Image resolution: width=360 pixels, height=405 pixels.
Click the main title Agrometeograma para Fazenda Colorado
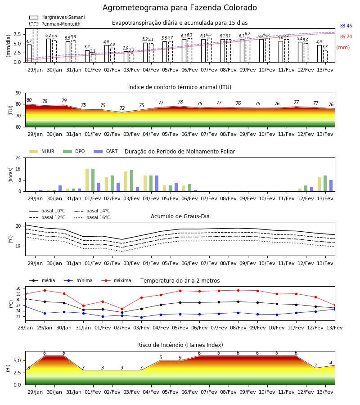[x=180, y=8]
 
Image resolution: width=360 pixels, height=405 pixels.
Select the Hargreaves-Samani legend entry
[x=57, y=17]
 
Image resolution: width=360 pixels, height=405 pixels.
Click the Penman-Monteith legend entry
[x=55, y=24]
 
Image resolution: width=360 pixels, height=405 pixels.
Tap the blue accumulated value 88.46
[x=346, y=26]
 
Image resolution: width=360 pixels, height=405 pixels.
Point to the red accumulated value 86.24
[x=346, y=37]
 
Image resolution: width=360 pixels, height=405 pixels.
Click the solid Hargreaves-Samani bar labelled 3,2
[x=87, y=56]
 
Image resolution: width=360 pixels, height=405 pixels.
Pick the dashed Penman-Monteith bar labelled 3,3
[x=325, y=56]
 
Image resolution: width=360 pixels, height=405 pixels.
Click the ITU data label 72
[x=122, y=108]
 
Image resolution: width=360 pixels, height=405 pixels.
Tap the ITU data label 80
[x=29, y=100]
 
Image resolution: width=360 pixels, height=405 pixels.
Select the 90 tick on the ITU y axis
[x=18, y=93]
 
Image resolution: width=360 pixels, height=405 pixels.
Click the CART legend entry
[x=106, y=151]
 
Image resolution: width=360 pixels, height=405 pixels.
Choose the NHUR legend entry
[x=42, y=151]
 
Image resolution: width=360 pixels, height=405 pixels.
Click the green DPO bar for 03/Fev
[x=132, y=181]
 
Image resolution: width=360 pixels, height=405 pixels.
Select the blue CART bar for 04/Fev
[x=157, y=184]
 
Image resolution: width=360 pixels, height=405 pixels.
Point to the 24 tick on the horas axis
[x=18, y=157]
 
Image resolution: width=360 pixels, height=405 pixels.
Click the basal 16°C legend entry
[x=92, y=217]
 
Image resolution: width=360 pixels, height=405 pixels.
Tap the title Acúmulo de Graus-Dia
[x=180, y=216]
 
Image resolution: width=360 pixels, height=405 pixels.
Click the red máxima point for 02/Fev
[x=122, y=309]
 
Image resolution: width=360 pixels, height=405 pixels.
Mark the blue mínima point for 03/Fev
[x=141, y=317]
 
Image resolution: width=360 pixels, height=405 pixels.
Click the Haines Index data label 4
[x=331, y=363]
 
